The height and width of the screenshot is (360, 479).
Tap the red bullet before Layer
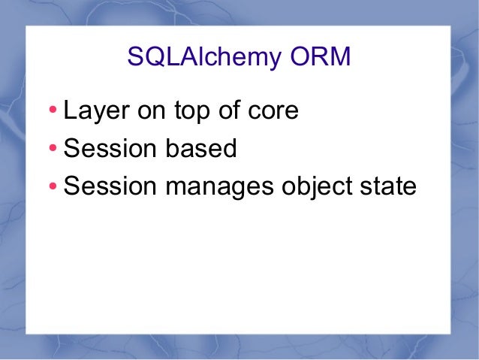(x=52, y=113)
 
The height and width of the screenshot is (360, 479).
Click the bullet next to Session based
(x=52, y=150)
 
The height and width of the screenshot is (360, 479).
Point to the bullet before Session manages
(x=52, y=186)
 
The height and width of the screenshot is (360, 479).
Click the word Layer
(x=93, y=111)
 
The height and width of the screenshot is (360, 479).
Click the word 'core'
(x=274, y=111)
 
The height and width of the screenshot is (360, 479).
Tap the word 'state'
(x=387, y=185)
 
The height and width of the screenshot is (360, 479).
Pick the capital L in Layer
(x=70, y=110)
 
